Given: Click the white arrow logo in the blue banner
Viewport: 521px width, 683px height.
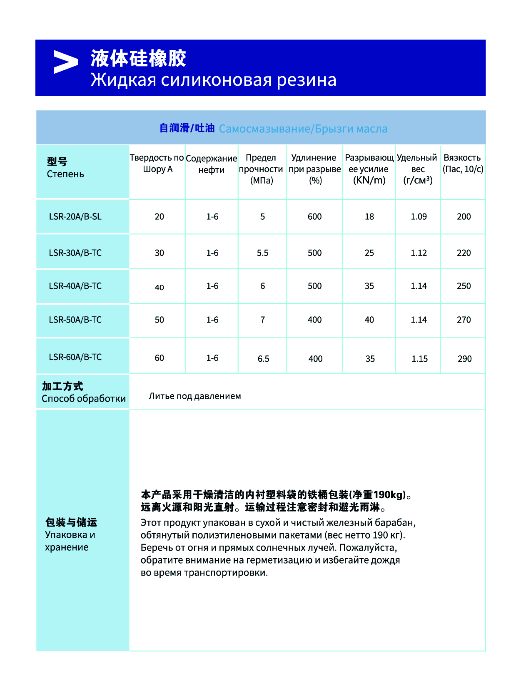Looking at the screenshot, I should coord(66,62).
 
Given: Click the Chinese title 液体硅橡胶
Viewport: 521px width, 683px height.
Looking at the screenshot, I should coord(138,58).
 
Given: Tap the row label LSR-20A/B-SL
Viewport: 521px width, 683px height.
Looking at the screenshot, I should coord(75,216).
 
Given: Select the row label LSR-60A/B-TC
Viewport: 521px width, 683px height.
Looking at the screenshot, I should coord(75,357).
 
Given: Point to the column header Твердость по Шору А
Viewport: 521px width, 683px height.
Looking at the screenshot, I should coord(157,163).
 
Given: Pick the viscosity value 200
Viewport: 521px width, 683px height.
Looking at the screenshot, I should coord(464,216).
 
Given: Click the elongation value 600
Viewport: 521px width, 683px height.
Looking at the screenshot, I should coord(315,216).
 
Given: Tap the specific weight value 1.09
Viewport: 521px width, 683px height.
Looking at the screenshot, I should coord(419,216).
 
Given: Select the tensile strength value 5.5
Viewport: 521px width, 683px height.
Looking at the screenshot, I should coord(263,253).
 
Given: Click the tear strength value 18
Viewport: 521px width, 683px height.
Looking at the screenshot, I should coord(369,216).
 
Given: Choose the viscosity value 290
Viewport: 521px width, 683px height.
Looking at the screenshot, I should coord(465,359).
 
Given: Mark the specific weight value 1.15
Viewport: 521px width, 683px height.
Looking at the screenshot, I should coord(419,359).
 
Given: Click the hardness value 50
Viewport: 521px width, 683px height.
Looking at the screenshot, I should coord(160,320).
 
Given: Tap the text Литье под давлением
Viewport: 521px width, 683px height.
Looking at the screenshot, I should coord(195,396).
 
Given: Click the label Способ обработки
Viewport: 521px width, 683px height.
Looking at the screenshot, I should coord(84,399).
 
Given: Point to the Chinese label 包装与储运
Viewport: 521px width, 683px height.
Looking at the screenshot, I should coord(71,522).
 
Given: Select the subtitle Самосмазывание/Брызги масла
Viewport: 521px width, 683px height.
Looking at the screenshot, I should coord(303,129).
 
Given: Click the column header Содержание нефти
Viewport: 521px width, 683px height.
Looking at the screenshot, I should coord(212,164).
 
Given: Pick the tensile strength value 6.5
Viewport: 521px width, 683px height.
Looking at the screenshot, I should coord(264,359).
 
